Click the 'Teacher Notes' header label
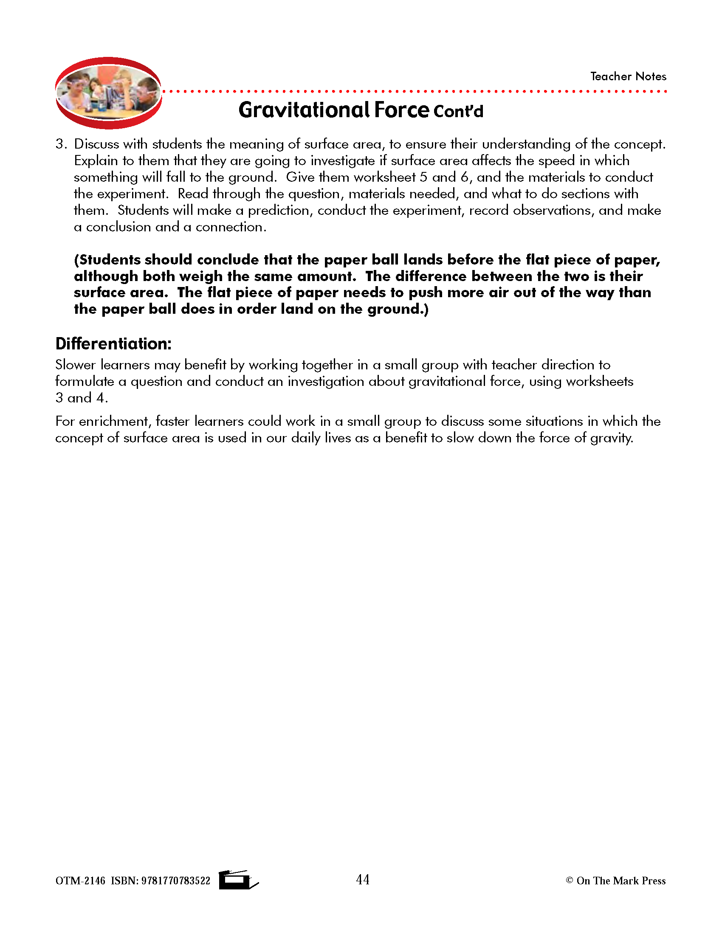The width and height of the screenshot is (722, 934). coord(628,76)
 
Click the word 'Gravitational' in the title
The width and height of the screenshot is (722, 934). coord(304,110)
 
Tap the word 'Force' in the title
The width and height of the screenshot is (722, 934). coord(402,110)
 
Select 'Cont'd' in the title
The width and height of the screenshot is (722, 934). coord(458,112)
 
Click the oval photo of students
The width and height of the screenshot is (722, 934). coord(108,93)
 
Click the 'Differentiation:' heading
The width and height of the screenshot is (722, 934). coord(113,344)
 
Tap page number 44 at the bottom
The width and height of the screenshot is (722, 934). coord(363,879)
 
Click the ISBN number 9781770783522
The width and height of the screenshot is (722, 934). coord(176,881)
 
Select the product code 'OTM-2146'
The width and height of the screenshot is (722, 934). coord(80,881)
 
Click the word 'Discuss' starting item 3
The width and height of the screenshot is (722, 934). coord(96,144)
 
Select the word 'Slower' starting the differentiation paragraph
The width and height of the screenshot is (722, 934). coord(75,365)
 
